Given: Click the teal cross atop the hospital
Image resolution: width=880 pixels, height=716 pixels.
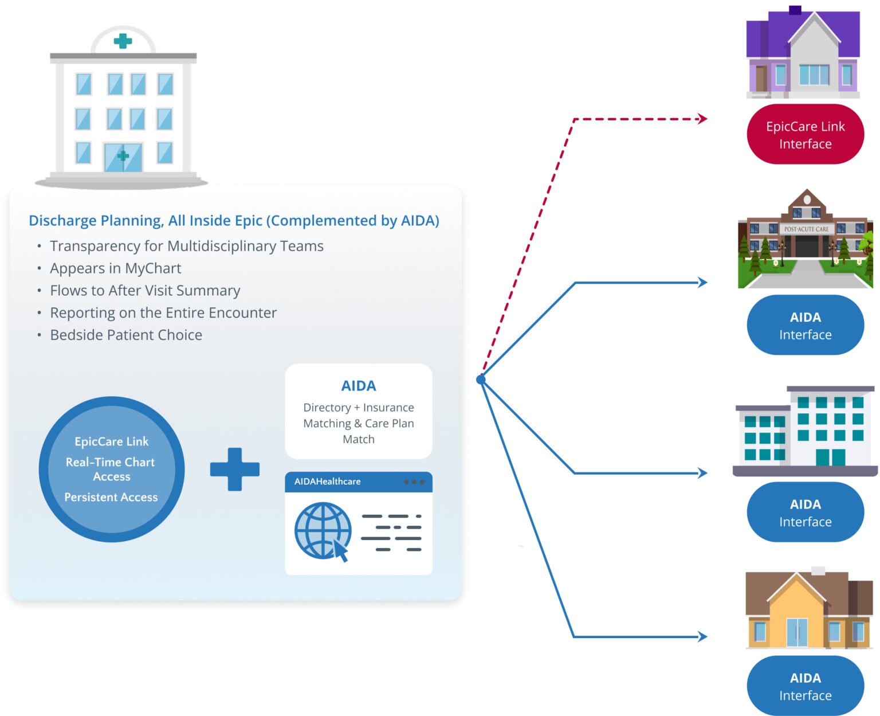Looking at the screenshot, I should click(x=123, y=41).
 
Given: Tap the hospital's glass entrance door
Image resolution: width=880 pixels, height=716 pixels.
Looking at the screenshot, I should click(x=123, y=157).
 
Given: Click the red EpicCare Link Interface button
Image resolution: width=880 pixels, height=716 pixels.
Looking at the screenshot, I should click(x=805, y=135).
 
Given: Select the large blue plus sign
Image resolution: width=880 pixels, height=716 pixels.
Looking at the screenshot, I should click(x=235, y=469).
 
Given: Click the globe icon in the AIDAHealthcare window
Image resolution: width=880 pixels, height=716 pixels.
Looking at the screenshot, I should click(x=323, y=530).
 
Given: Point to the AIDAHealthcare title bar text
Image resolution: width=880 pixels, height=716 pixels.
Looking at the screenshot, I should click(x=327, y=482).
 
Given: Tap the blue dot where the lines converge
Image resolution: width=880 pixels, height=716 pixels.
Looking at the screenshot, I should click(x=481, y=379).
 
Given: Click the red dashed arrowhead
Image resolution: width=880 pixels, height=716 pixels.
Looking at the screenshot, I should click(x=702, y=119).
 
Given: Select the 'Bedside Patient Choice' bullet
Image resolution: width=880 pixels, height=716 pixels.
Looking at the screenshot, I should click(x=126, y=335).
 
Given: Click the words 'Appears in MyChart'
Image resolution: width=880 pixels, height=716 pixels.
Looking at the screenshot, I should click(x=115, y=268).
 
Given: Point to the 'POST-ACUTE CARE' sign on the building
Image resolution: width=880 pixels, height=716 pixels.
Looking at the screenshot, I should click(x=806, y=229).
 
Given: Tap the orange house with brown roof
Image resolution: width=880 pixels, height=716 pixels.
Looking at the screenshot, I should click(x=808, y=611).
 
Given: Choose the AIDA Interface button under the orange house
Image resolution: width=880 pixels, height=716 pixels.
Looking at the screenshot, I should click(x=805, y=686).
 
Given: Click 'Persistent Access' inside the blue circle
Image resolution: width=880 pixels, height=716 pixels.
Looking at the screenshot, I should click(x=111, y=497).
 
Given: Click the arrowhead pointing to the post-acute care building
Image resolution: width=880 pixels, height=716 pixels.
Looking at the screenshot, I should click(x=702, y=282).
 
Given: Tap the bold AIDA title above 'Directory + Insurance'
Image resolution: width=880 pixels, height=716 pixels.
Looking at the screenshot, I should click(x=359, y=386).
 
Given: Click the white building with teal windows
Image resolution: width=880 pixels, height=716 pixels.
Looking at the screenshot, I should click(x=805, y=430).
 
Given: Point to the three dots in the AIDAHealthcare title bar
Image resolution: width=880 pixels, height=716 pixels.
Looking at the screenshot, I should click(x=414, y=482).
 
